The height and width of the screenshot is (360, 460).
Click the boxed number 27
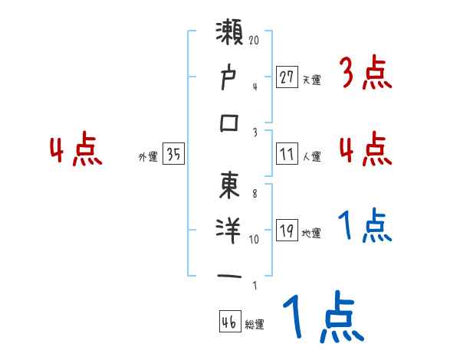coord(287,77)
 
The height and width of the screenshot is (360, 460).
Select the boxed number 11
coord(287,154)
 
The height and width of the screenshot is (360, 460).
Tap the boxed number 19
coord(287,231)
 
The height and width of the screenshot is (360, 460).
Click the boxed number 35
coord(173,155)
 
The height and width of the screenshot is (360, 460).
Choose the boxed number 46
coord(228,322)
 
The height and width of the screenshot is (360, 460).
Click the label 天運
coord(312,80)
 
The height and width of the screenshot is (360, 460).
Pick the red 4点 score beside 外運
coord(75,150)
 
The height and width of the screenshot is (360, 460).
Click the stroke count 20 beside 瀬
coord(255,38)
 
